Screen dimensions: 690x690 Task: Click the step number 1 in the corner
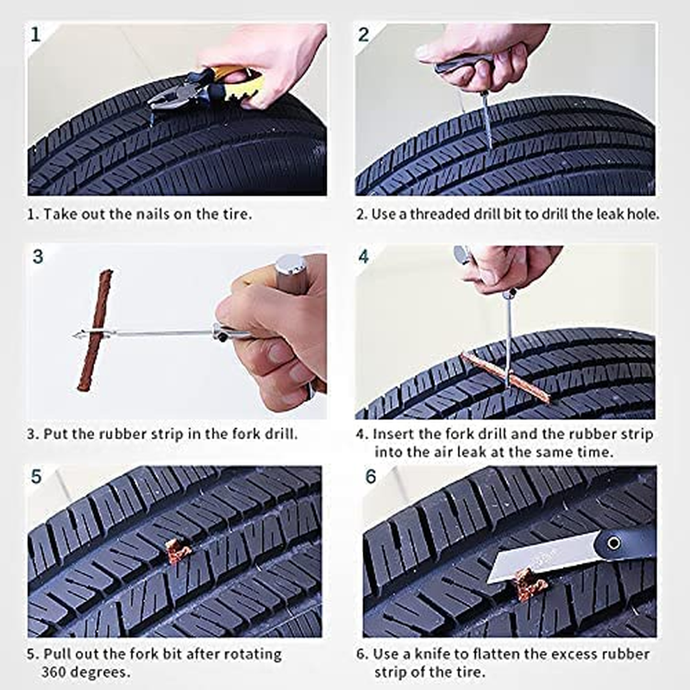tap(35, 34)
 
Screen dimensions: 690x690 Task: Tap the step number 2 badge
tap(364, 34)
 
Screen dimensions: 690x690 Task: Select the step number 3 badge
tap(37, 256)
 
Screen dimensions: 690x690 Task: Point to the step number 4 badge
tap(364, 256)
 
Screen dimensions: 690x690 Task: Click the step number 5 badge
tap(35, 476)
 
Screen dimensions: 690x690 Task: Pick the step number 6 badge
tap(372, 476)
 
